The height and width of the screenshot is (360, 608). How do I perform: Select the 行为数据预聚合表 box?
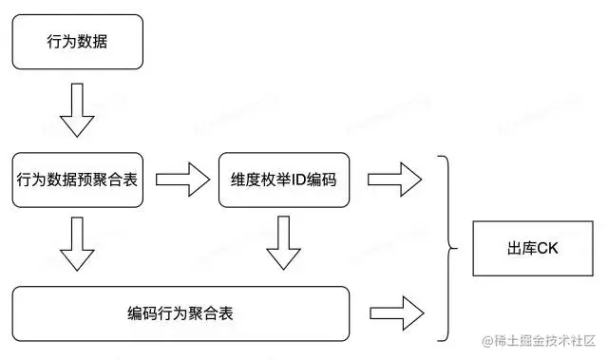click(78, 179)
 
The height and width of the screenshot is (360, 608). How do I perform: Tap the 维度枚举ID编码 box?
click(284, 179)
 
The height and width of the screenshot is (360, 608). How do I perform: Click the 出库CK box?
click(531, 250)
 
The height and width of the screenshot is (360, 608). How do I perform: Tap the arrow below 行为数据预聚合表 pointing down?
click(77, 246)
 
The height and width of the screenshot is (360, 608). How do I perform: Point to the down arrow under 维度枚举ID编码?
click(283, 246)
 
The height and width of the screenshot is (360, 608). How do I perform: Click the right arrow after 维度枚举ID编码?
click(394, 177)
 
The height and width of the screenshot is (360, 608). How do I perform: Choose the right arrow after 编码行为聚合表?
click(394, 312)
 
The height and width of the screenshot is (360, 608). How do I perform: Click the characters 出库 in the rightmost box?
click(521, 250)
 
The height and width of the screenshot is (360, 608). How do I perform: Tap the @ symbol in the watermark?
click(486, 340)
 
